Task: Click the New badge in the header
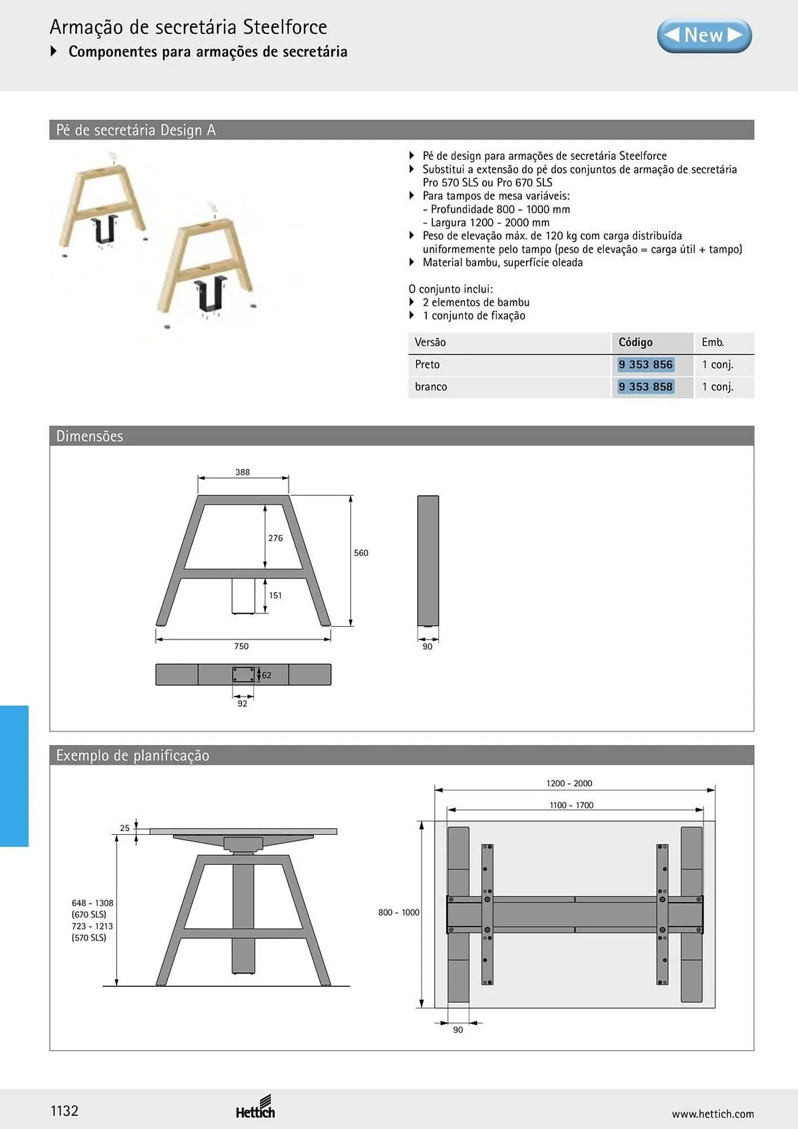click(704, 36)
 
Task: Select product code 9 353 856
click(646, 365)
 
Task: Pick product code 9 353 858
click(646, 387)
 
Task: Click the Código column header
click(635, 342)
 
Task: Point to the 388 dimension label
click(243, 472)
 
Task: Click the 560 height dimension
click(361, 553)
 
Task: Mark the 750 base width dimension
click(242, 646)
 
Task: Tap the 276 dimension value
click(275, 538)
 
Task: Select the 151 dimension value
click(275, 595)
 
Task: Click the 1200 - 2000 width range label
click(569, 783)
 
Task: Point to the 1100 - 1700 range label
click(572, 805)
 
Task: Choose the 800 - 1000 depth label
click(399, 912)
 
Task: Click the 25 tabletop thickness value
click(125, 828)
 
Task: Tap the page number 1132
click(64, 1111)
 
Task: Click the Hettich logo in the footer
click(256, 1107)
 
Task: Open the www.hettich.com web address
click(713, 1114)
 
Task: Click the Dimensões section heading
click(90, 436)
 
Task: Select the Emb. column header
click(713, 342)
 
